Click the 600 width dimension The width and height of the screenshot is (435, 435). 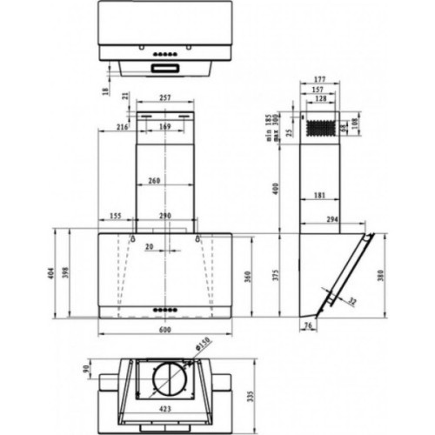point(164,330)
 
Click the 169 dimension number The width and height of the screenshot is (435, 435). point(164,127)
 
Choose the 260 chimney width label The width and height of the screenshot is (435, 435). point(154,181)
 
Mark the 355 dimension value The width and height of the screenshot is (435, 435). point(116,216)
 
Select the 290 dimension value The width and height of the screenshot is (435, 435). point(165,216)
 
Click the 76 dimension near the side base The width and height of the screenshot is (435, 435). point(308,326)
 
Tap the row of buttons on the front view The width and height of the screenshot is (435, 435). point(164,310)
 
